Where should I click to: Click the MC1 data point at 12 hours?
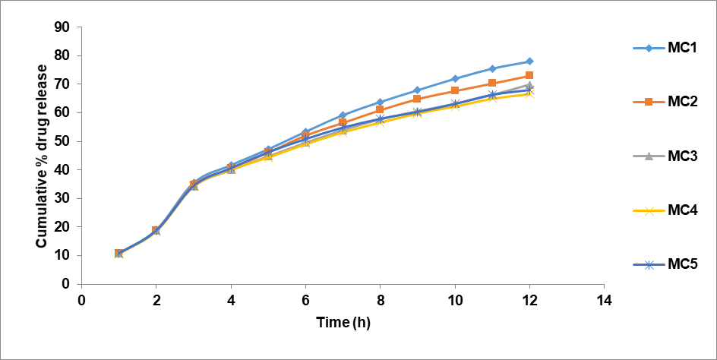(x=529, y=62)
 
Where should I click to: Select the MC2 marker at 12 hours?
(x=529, y=75)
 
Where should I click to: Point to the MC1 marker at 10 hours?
(x=455, y=79)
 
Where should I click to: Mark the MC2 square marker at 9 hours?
(x=418, y=99)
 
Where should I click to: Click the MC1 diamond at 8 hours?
(x=380, y=102)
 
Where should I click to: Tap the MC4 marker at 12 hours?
(x=529, y=93)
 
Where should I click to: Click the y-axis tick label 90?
(x=62, y=27)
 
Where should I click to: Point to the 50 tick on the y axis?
(x=62, y=141)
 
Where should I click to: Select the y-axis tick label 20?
(x=62, y=227)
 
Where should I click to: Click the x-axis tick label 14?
(x=604, y=298)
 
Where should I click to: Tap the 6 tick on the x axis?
(x=305, y=298)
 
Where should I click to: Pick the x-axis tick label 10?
(x=455, y=298)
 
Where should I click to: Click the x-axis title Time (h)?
(x=343, y=322)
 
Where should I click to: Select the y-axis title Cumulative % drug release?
(x=43, y=156)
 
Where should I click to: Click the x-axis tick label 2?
(x=156, y=298)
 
